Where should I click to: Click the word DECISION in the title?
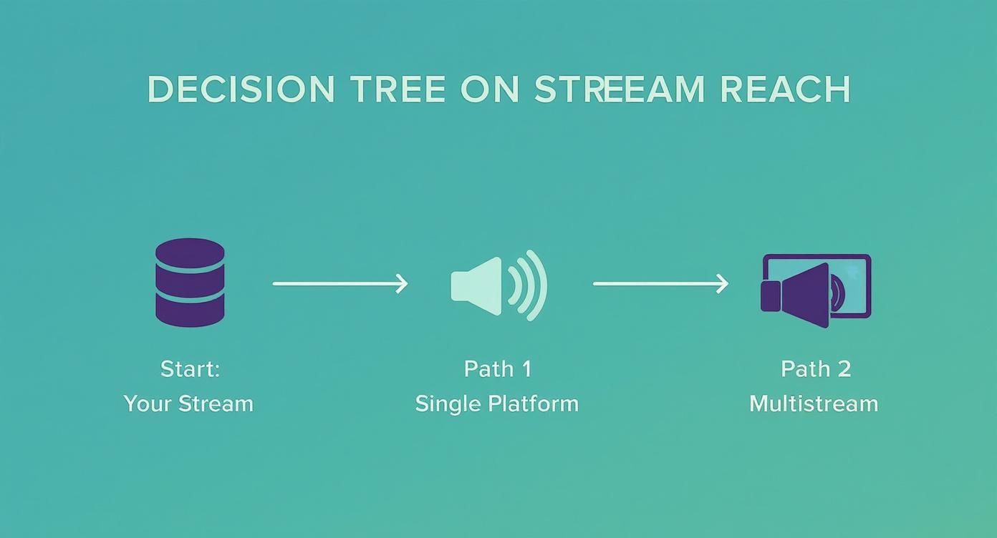click(241, 89)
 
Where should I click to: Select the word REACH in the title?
click(785, 89)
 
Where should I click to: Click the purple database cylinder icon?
click(190, 283)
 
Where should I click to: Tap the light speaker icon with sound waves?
click(498, 285)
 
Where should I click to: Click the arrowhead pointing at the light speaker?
click(402, 284)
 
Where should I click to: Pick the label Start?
click(190, 369)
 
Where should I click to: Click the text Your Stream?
click(188, 403)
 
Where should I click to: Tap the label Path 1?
click(497, 369)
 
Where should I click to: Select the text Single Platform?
click(497, 403)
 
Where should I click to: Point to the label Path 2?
click(815, 369)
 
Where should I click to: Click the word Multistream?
click(814, 403)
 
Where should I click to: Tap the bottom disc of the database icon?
click(190, 311)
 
